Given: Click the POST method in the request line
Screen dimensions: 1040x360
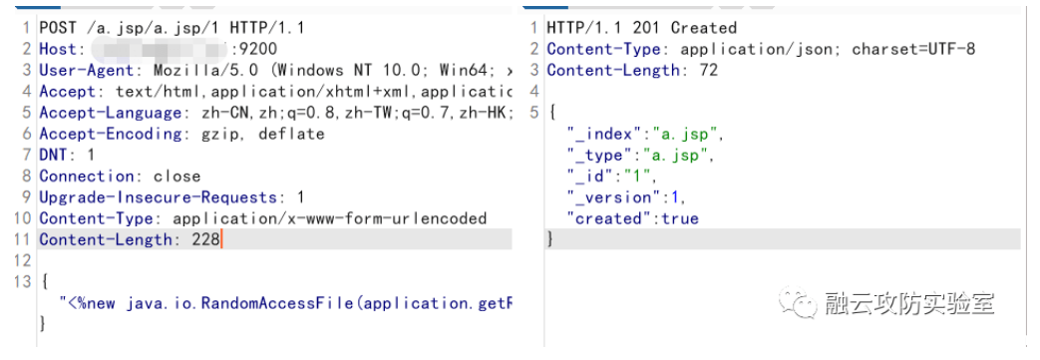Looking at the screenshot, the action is (x=58, y=28).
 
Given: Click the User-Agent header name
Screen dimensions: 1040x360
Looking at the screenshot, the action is (x=92, y=71).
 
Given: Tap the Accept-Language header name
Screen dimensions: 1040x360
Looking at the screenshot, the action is (x=111, y=113).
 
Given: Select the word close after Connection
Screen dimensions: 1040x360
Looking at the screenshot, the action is (x=176, y=177).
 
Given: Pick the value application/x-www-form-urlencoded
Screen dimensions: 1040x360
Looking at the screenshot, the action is (x=329, y=218).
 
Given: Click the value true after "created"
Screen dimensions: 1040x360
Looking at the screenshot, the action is (x=678, y=218).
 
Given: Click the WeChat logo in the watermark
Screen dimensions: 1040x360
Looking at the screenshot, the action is (x=797, y=302).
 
